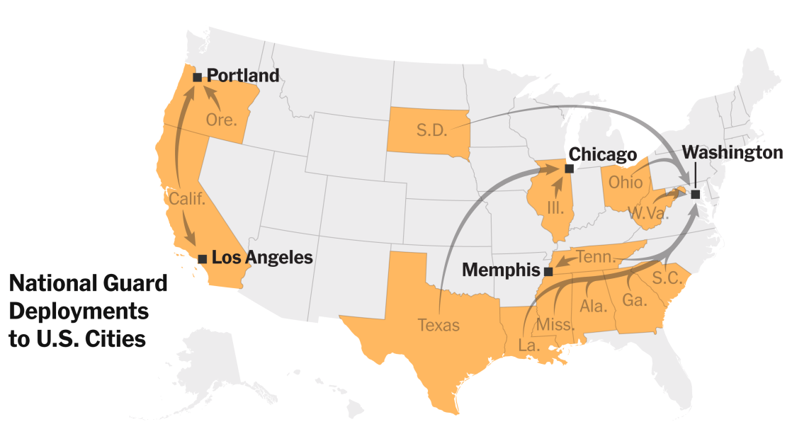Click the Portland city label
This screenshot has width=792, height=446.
click(x=243, y=76)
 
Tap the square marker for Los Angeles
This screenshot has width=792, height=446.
click(x=203, y=259)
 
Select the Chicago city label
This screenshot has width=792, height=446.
click(x=603, y=154)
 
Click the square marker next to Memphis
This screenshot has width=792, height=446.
click(x=548, y=271)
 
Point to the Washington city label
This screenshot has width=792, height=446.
click(x=732, y=153)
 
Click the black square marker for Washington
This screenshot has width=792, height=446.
click(x=696, y=194)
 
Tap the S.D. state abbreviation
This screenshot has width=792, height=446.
click(x=431, y=131)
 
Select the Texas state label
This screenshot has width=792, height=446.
click(x=439, y=326)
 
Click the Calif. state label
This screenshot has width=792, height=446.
click(x=186, y=199)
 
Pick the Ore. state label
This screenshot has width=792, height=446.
click(x=222, y=120)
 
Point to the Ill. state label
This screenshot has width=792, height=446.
click(x=555, y=207)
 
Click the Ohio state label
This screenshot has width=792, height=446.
click(x=626, y=181)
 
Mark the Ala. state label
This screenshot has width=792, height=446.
click(x=592, y=306)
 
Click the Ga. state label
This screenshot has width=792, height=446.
click(x=634, y=300)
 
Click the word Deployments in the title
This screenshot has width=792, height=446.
click(x=79, y=311)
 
